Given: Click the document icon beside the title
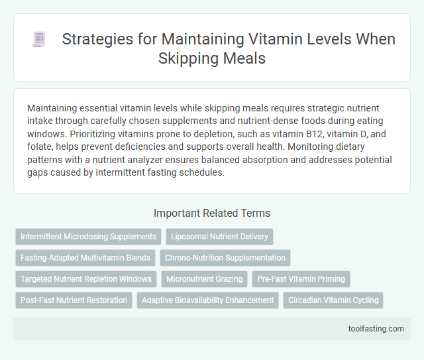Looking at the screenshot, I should [x=39, y=40].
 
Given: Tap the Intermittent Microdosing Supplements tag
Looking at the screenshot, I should [x=88, y=237].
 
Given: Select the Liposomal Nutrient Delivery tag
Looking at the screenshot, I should [x=220, y=237].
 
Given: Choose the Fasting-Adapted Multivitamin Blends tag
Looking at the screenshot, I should [x=84, y=258].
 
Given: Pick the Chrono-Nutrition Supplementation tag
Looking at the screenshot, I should [x=225, y=258].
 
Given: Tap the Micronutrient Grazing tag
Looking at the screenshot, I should [x=205, y=279].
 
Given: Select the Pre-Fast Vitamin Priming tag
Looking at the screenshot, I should [x=301, y=279].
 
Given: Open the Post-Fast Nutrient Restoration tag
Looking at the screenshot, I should [x=74, y=300].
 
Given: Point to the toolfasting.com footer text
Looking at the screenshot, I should [x=376, y=328].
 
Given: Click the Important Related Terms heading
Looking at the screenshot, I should [x=211, y=213].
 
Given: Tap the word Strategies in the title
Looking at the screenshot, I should [x=94, y=39].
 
